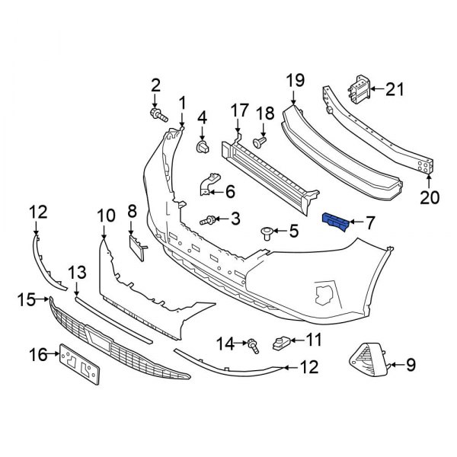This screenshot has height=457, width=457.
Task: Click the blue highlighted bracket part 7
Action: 336,222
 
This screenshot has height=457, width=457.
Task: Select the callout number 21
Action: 394,90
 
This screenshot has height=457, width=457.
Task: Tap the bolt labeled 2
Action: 158,115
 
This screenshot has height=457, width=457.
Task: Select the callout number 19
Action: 296,81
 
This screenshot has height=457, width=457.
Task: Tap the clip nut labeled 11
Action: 281,343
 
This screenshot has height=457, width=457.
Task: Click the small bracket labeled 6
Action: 209,186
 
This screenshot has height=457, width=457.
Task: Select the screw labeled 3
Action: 207,220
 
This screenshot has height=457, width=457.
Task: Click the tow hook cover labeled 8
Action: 135,247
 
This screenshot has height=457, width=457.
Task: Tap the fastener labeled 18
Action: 261,141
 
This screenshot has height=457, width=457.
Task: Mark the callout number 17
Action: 238,111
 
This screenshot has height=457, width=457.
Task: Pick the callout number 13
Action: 76,273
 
